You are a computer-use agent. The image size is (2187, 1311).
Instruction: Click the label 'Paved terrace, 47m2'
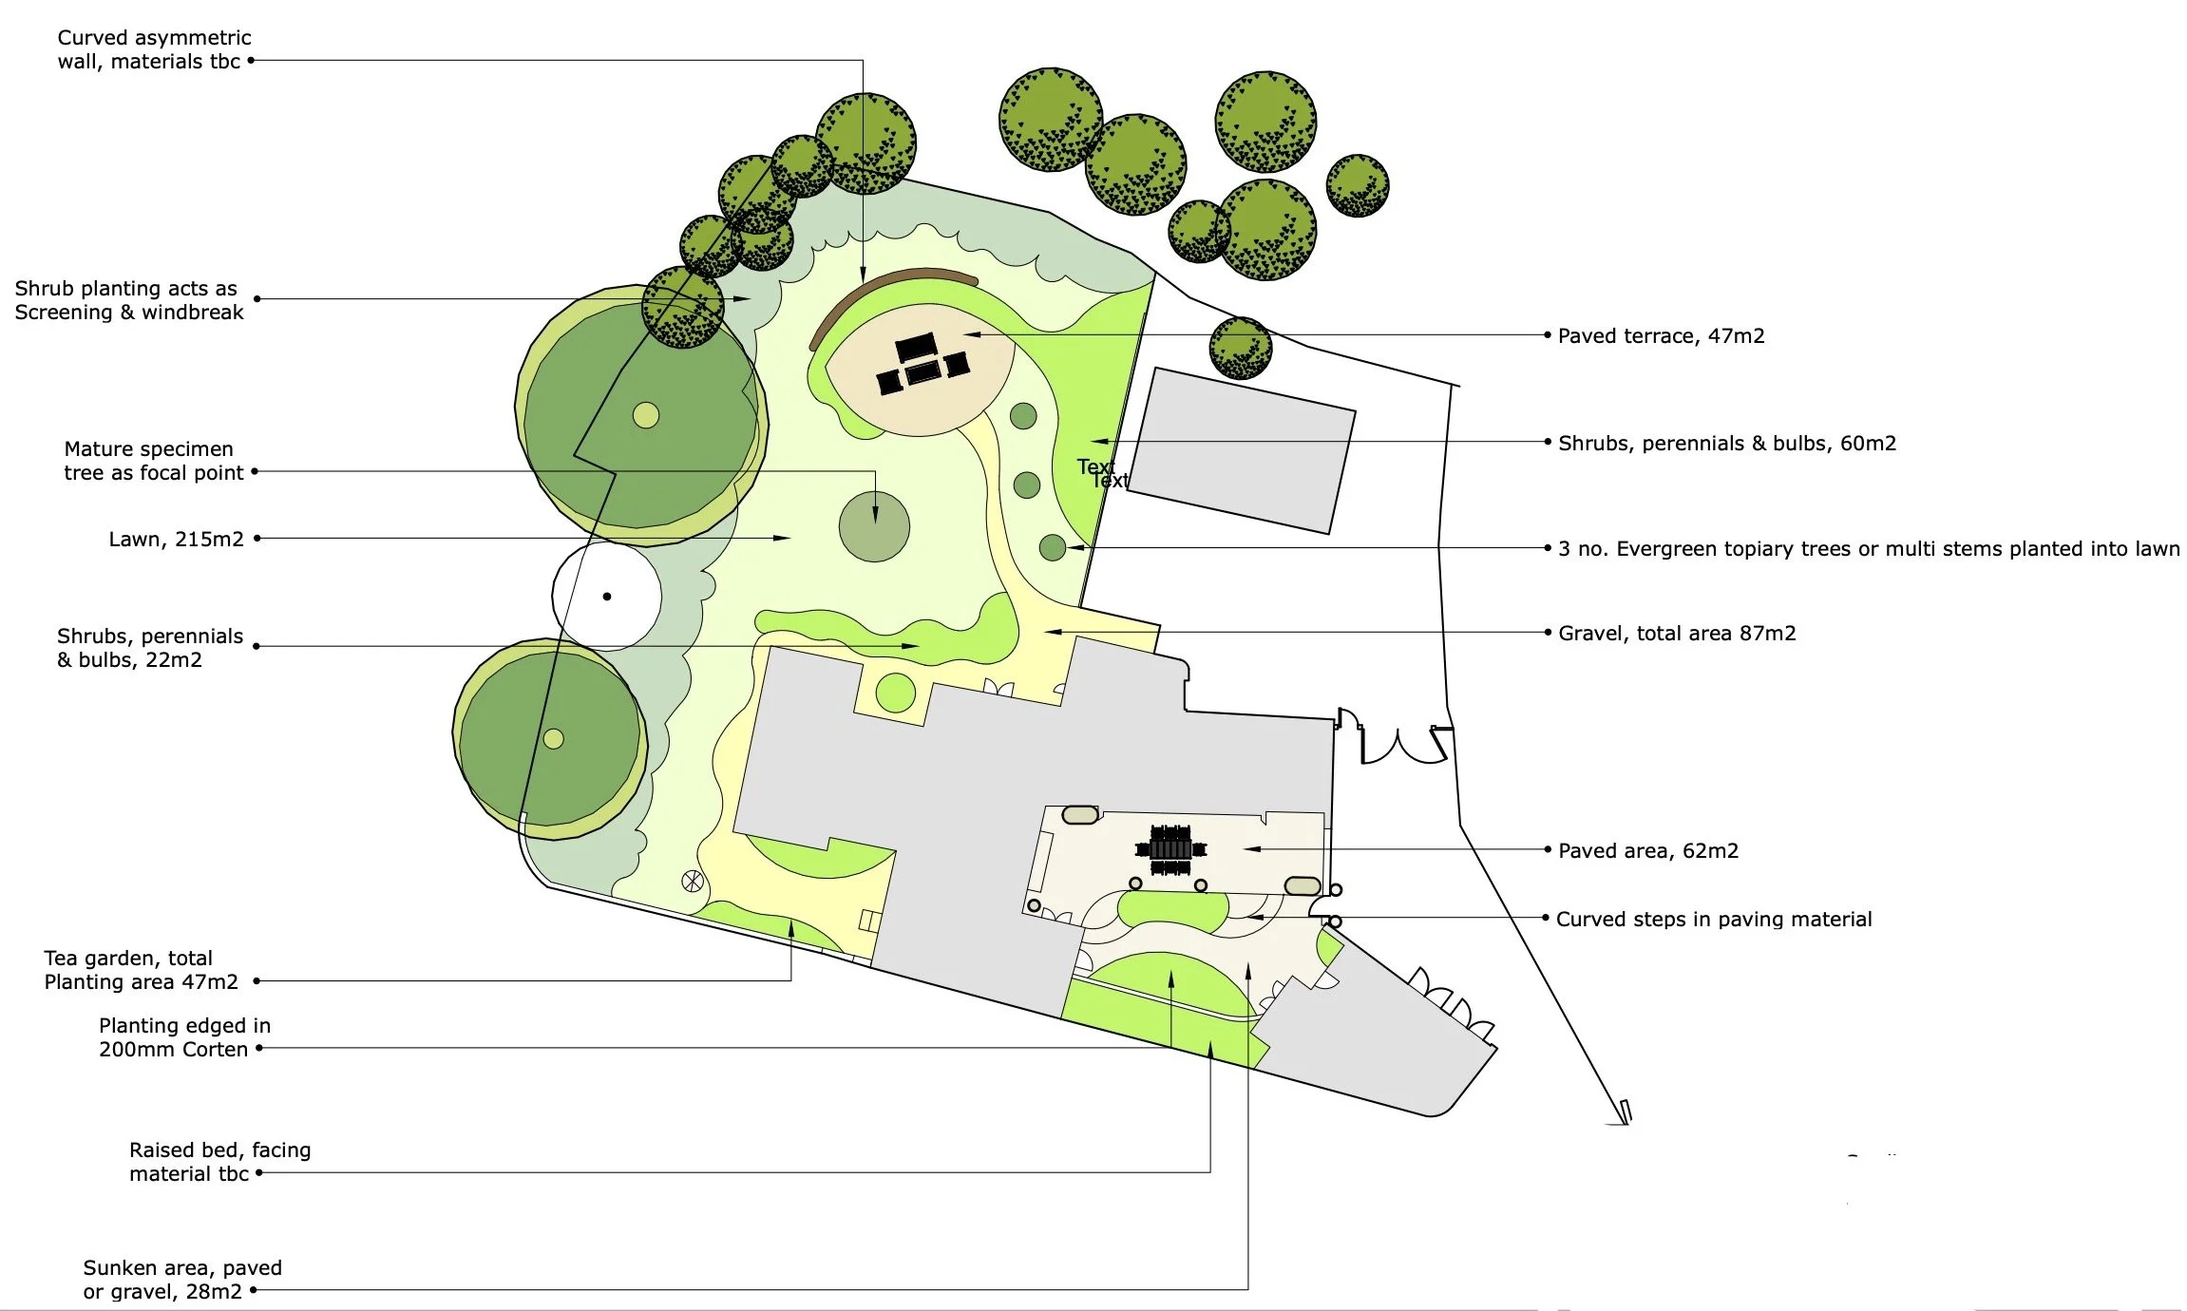point(1661,335)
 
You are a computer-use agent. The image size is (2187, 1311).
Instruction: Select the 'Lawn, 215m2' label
point(176,539)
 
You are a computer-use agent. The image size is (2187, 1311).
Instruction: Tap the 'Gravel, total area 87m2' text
point(1677,633)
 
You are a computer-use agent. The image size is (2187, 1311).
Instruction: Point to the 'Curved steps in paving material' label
point(1714,919)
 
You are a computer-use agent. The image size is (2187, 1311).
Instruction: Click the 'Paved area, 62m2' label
point(1648,850)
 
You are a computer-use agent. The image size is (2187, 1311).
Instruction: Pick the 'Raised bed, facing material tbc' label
point(219,1161)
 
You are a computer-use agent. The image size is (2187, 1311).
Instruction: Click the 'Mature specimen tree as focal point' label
point(153,461)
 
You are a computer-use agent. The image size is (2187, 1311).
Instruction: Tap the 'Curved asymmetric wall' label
point(154,49)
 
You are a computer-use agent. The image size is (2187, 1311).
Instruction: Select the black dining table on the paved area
point(1170,848)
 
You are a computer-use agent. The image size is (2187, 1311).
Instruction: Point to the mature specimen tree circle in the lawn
point(874,526)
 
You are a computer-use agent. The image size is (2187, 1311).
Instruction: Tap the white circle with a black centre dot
point(607,597)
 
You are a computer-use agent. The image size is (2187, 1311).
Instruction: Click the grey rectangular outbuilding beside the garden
point(1241,450)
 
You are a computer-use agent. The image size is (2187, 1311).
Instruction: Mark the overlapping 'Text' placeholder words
point(1102,473)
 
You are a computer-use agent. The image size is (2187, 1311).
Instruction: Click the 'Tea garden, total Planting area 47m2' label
point(141,970)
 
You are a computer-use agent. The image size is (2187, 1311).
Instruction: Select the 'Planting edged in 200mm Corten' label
point(184,1037)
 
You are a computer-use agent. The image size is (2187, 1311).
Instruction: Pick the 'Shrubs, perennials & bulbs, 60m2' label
point(1726,443)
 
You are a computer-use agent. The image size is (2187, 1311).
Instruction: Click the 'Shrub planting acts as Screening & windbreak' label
point(128,300)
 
